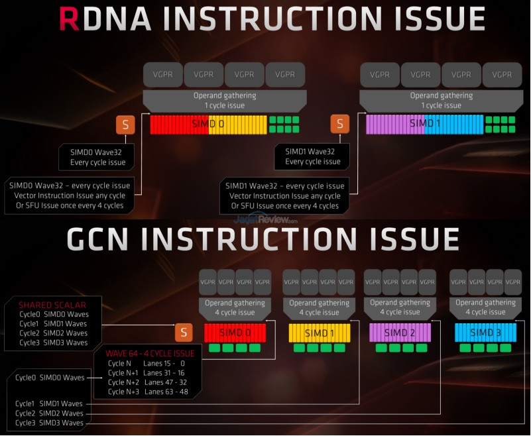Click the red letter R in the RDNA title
(71, 20)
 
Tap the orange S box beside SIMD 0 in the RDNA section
(125, 124)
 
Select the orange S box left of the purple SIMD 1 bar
(340, 124)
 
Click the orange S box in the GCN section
(184, 333)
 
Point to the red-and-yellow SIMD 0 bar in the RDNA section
(208, 125)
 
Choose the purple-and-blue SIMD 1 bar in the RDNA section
(424, 125)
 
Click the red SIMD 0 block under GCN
(235, 332)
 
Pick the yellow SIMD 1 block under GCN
(319, 332)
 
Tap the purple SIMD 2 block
(400, 332)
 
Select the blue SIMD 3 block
(485, 332)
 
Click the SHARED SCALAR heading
(52, 305)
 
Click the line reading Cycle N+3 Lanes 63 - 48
(147, 392)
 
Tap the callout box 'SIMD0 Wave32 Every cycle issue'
(98, 157)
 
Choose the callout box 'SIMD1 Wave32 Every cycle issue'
(313, 157)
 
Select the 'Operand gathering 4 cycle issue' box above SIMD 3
(485, 307)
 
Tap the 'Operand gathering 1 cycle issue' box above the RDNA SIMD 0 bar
(225, 100)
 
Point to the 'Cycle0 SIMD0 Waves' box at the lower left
(51, 378)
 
